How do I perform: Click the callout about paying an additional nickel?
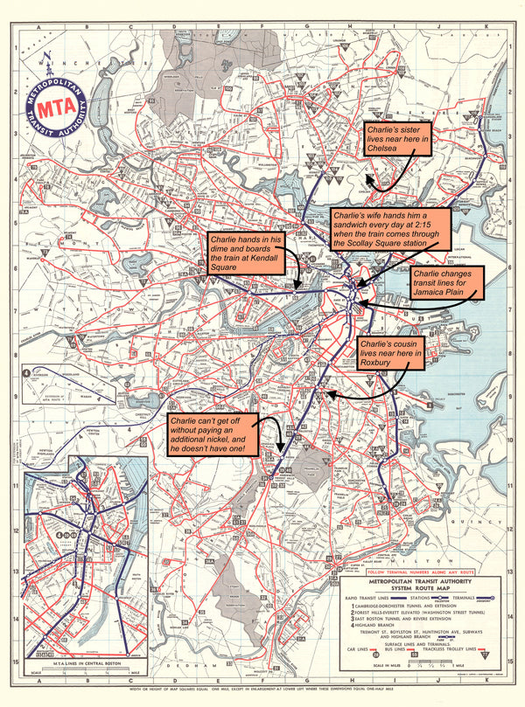(213, 433)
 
